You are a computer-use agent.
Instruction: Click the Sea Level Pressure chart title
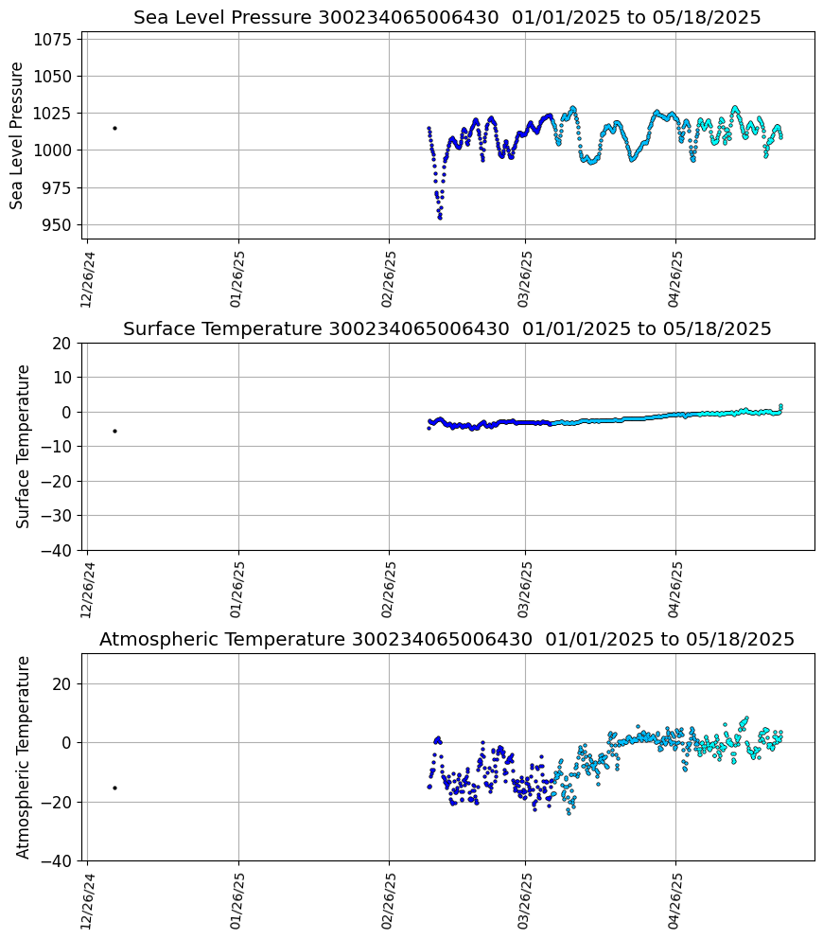(x=447, y=18)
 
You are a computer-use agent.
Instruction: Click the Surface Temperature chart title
(x=447, y=329)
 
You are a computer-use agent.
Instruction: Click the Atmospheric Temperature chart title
(x=447, y=640)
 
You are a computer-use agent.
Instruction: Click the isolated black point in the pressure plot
(x=114, y=128)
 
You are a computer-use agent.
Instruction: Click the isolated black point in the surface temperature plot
(x=114, y=431)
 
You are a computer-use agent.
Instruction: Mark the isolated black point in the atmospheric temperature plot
(x=114, y=788)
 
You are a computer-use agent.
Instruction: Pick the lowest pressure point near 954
(x=440, y=218)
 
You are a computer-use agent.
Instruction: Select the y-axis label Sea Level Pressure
(x=18, y=135)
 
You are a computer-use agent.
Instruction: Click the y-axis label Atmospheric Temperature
(x=24, y=757)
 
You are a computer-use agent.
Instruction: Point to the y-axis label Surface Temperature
(x=24, y=446)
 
